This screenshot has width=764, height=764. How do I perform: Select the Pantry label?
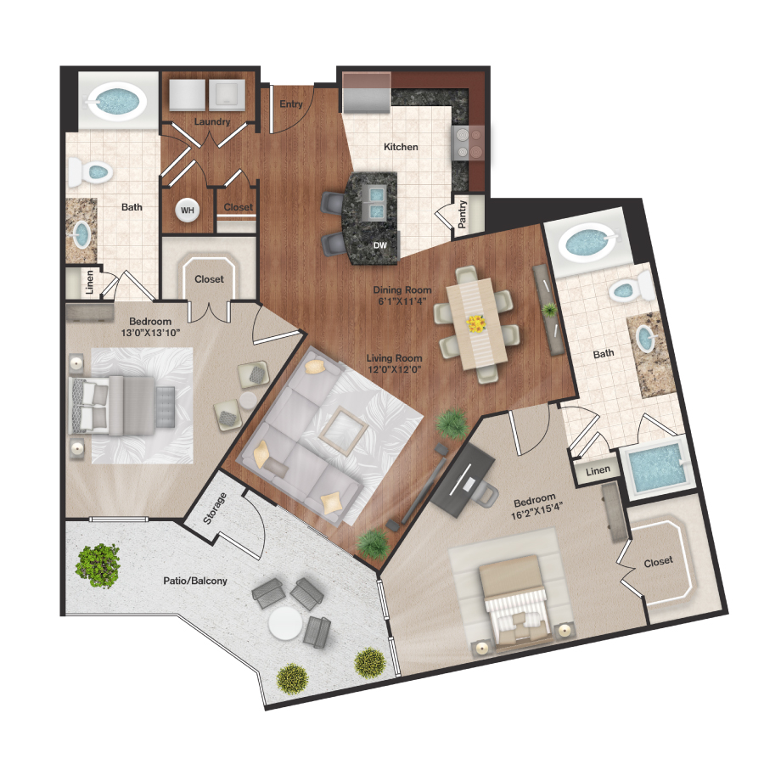click(462, 215)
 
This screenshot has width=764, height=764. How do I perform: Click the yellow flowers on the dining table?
click(477, 323)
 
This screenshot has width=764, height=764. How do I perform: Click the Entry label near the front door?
click(290, 104)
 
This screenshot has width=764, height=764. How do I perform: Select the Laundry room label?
click(211, 121)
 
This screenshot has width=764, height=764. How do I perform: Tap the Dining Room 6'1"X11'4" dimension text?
click(403, 302)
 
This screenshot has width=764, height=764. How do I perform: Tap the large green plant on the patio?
click(98, 563)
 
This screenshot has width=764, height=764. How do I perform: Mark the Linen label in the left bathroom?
click(89, 284)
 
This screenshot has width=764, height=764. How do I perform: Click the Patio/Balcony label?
click(194, 581)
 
